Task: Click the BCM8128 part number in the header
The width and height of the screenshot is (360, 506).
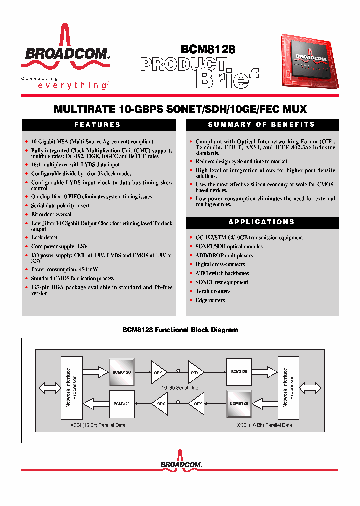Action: coord(208,49)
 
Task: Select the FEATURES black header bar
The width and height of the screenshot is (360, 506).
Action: coord(98,125)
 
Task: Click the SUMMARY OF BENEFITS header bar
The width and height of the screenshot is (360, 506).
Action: coord(262,125)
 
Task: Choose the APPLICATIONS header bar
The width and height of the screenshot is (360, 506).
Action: coord(262,222)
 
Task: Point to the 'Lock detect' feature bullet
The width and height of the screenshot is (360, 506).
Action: coord(44,238)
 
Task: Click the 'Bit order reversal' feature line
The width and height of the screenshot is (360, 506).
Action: coord(51,214)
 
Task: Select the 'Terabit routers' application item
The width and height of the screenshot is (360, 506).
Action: coord(213,291)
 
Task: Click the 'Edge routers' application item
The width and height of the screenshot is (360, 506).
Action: coord(210,300)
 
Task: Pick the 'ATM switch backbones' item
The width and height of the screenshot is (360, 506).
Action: coord(222,273)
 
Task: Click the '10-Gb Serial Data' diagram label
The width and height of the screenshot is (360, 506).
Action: coord(181,388)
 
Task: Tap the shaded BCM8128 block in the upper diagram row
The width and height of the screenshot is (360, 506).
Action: coord(122,372)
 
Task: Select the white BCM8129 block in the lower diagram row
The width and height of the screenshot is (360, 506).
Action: coord(121,403)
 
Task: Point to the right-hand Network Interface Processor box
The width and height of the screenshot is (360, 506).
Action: coord(289,388)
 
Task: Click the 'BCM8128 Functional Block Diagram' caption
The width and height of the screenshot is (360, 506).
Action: coord(180,330)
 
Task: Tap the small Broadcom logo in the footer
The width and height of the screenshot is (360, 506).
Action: coord(181,463)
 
